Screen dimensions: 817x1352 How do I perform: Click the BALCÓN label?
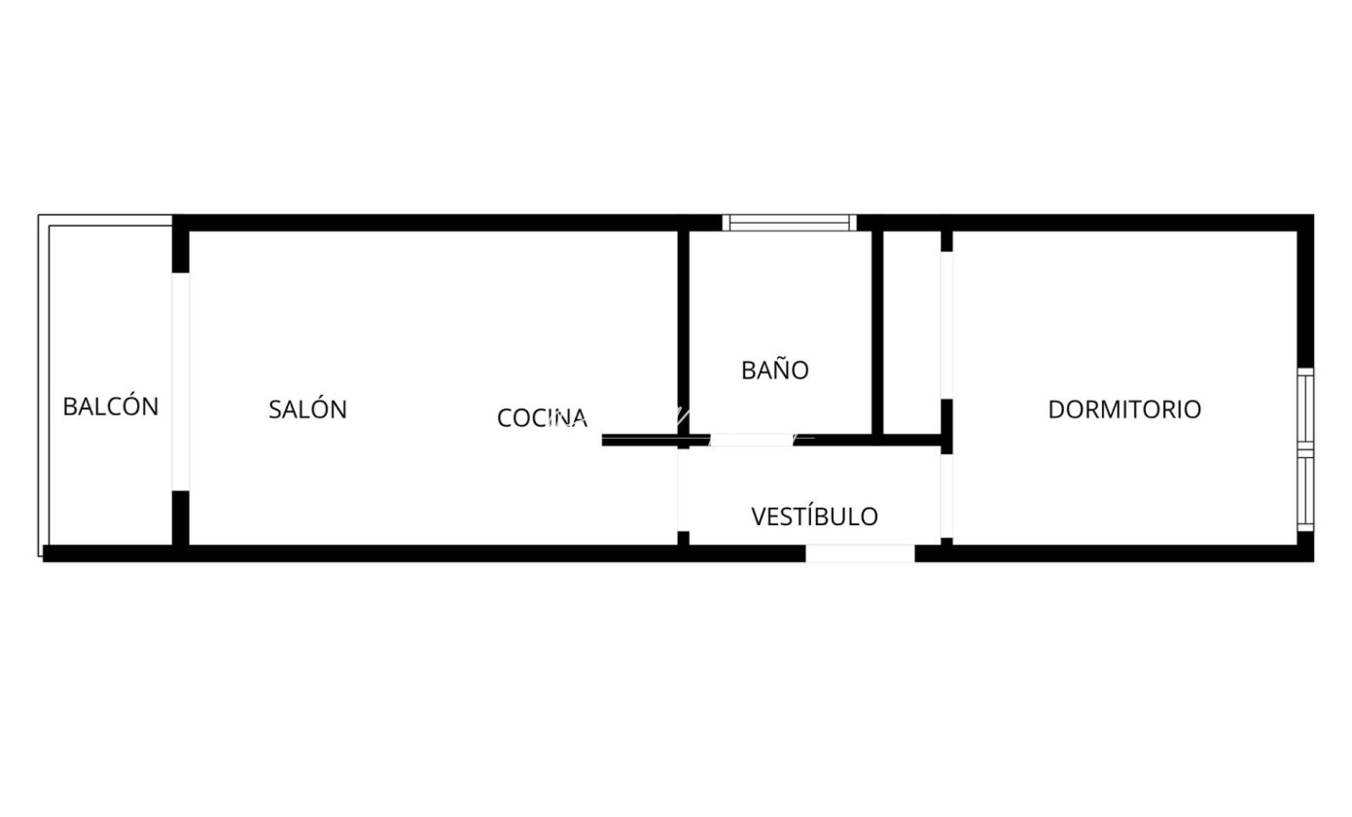tap(110, 407)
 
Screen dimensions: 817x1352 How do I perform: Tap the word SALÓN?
tap(307, 409)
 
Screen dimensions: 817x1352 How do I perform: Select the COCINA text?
tap(542, 418)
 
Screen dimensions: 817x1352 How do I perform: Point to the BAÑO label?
tap(774, 371)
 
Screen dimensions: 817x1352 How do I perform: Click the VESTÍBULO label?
tap(814, 516)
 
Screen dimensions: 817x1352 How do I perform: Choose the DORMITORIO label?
tap(1123, 409)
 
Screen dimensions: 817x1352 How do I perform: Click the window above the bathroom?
tap(790, 223)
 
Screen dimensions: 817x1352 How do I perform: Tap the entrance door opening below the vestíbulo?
tap(860, 553)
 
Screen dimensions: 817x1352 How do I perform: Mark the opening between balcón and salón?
tap(180, 381)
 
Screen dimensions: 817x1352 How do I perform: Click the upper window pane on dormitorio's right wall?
tap(1305, 408)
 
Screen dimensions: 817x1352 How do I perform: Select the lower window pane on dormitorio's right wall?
tap(1305, 492)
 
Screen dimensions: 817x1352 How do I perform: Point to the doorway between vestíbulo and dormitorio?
tap(946, 495)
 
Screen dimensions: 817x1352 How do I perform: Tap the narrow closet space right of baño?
tap(911, 331)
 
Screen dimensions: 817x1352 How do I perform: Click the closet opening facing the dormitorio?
tap(946, 325)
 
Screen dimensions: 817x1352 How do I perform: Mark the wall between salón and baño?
tap(684, 331)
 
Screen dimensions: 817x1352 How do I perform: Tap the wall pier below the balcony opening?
tap(180, 517)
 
